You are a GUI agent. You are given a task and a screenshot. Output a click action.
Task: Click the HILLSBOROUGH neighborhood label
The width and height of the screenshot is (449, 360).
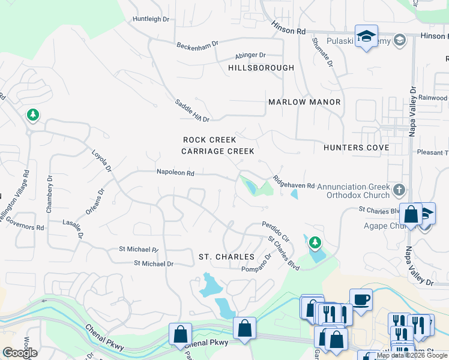pyautogui.click(x=261, y=68)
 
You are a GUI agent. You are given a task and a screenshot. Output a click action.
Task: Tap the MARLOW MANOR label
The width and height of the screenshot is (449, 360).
pyautogui.click(x=304, y=102)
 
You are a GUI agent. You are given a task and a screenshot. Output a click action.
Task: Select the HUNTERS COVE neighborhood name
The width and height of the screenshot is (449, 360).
pyautogui.click(x=356, y=147)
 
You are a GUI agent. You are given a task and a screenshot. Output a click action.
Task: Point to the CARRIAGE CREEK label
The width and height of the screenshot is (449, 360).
pyautogui.click(x=218, y=151)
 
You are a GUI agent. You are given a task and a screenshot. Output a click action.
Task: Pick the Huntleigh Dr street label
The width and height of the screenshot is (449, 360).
pyautogui.click(x=151, y=19)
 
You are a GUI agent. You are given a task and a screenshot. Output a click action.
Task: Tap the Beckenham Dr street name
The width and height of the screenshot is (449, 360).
pyautogui.click(x=197, y=46)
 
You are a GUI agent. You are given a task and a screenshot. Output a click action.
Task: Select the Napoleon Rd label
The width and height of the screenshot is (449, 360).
pyautogui.click(x=175, y=172)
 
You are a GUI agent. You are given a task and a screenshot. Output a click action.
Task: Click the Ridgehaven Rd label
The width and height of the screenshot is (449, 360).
pyautogui.click(x=294, y=182)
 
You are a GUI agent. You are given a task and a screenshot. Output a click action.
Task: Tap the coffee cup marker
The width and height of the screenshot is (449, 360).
pyautogui.click(x=361, y=299)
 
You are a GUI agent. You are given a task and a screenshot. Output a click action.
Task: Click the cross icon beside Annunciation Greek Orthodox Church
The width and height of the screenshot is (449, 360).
pyautogui.click(x=398, y=191)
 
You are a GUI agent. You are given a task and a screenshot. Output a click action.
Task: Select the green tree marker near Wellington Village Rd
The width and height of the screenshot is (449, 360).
pyautogui.click(x=32, y=115)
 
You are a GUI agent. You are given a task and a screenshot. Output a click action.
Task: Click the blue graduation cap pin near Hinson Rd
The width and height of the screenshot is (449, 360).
pyautogui.click(x=366, y=36)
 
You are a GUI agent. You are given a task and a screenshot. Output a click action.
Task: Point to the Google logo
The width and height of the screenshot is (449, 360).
pyautogui.click(x=20, y=353)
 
